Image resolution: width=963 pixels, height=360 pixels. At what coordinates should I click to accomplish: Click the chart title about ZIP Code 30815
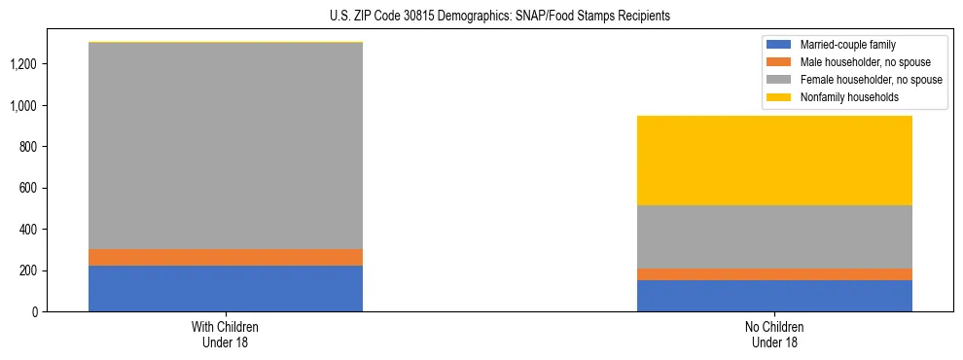[x=481, y=17]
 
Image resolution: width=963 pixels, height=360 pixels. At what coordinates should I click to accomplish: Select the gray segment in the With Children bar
[x=226, y=146]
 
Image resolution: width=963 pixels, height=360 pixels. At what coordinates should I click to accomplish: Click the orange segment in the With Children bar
[x=226, y=257]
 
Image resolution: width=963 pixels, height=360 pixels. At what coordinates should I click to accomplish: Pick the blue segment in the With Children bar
[x=226, y=288]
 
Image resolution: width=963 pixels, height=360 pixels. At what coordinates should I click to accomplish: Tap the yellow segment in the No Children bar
[x=774, y=161]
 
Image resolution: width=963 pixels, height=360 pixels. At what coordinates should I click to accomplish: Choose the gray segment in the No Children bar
[x=774, y=236]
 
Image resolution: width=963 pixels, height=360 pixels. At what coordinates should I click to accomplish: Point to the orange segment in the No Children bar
[x=774, y=274]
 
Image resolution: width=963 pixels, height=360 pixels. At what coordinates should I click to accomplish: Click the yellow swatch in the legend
[x=780, y=97]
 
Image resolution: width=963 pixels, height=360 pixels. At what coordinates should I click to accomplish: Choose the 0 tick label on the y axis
[x=36, y=311]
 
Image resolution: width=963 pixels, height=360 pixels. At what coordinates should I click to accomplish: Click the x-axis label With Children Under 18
[x=226, y=334]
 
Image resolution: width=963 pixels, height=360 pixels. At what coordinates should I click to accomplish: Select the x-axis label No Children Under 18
[x=774, y=334]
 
